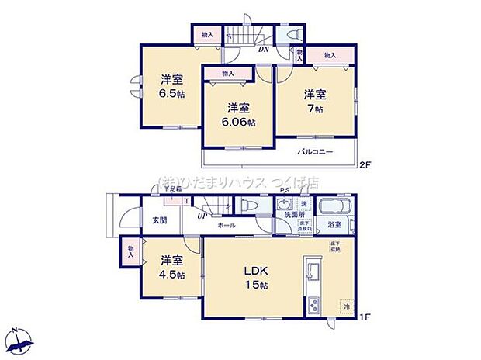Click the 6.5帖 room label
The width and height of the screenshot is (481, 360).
tap(172, 86)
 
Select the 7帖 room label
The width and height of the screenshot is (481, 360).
tap(314, 102)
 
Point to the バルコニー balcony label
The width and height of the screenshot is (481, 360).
tap(314, 151)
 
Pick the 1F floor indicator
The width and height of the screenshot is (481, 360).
tap(364, 316)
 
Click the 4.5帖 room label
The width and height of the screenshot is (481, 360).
tap(172, 268)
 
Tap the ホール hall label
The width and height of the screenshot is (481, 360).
tap(227, 225)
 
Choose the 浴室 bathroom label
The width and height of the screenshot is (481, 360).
tap(334, 226)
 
